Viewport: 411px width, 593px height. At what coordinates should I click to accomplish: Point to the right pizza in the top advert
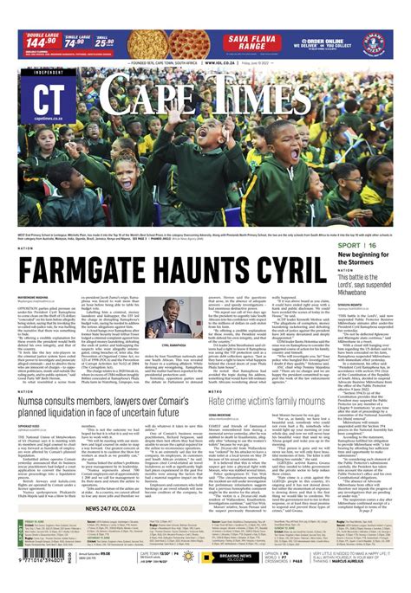tap(201, 40)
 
